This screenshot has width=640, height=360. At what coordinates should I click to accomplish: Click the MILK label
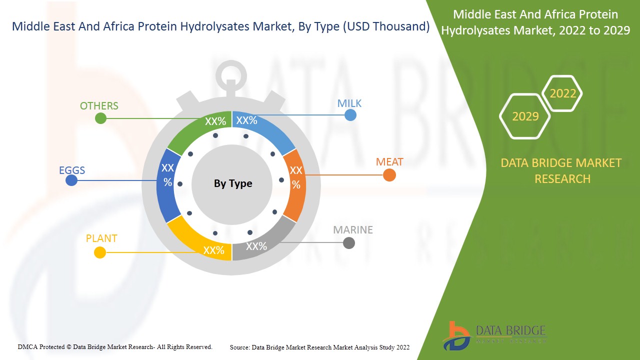349,103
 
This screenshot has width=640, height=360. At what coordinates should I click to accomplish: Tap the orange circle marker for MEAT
389,175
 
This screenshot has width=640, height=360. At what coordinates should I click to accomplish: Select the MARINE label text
353,230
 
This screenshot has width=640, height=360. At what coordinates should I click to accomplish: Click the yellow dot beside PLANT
100,252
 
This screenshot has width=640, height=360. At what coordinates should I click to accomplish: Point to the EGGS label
72,170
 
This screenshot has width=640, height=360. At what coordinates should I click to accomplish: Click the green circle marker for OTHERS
100,118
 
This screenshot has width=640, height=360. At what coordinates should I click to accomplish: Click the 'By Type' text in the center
233,183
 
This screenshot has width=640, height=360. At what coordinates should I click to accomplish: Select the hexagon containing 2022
562,93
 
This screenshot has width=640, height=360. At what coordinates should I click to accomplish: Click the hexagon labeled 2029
525,116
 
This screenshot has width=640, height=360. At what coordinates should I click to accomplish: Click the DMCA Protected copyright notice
115,346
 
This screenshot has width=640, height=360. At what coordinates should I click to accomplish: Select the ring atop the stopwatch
231,75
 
